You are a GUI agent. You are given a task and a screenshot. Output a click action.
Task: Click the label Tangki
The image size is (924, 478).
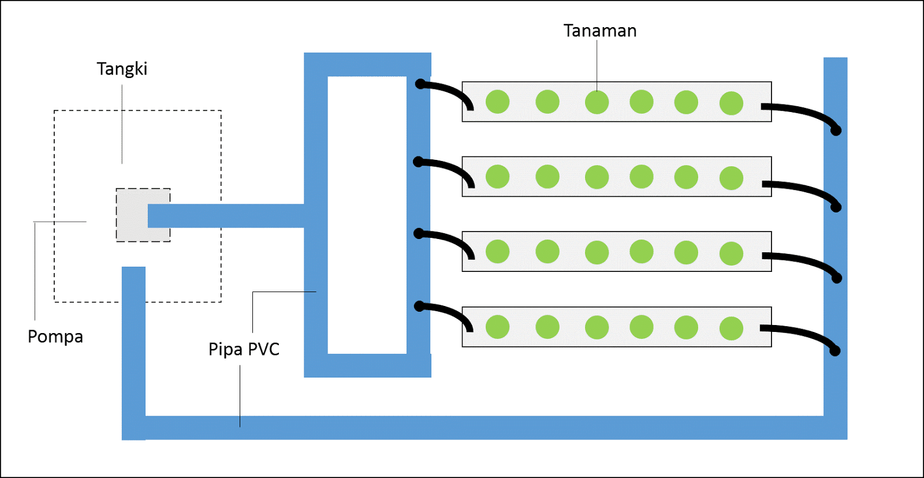point(122,69)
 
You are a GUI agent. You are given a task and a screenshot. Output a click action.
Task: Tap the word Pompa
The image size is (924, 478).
point(55,336)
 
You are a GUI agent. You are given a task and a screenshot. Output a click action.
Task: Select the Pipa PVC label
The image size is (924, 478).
point(244,349)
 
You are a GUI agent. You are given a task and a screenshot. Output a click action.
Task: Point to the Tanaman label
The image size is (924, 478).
point(600,31)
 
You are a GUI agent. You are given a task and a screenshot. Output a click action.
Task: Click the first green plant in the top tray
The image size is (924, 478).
point(497,102)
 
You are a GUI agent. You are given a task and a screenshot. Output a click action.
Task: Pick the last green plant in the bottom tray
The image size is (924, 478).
point(731,328)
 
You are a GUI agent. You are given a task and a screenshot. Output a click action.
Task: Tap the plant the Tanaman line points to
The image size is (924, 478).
point(597,103)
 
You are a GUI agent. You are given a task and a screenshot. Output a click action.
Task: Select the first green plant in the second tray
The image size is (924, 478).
point(497,177)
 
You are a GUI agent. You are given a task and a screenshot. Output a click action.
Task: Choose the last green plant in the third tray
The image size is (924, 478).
point(731,253)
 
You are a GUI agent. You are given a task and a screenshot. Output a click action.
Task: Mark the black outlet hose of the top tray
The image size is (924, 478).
point(803,112)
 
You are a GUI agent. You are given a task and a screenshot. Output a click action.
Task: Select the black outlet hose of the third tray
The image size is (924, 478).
point(803,260)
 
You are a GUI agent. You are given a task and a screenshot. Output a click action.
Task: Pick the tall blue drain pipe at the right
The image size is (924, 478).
point(835,231)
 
